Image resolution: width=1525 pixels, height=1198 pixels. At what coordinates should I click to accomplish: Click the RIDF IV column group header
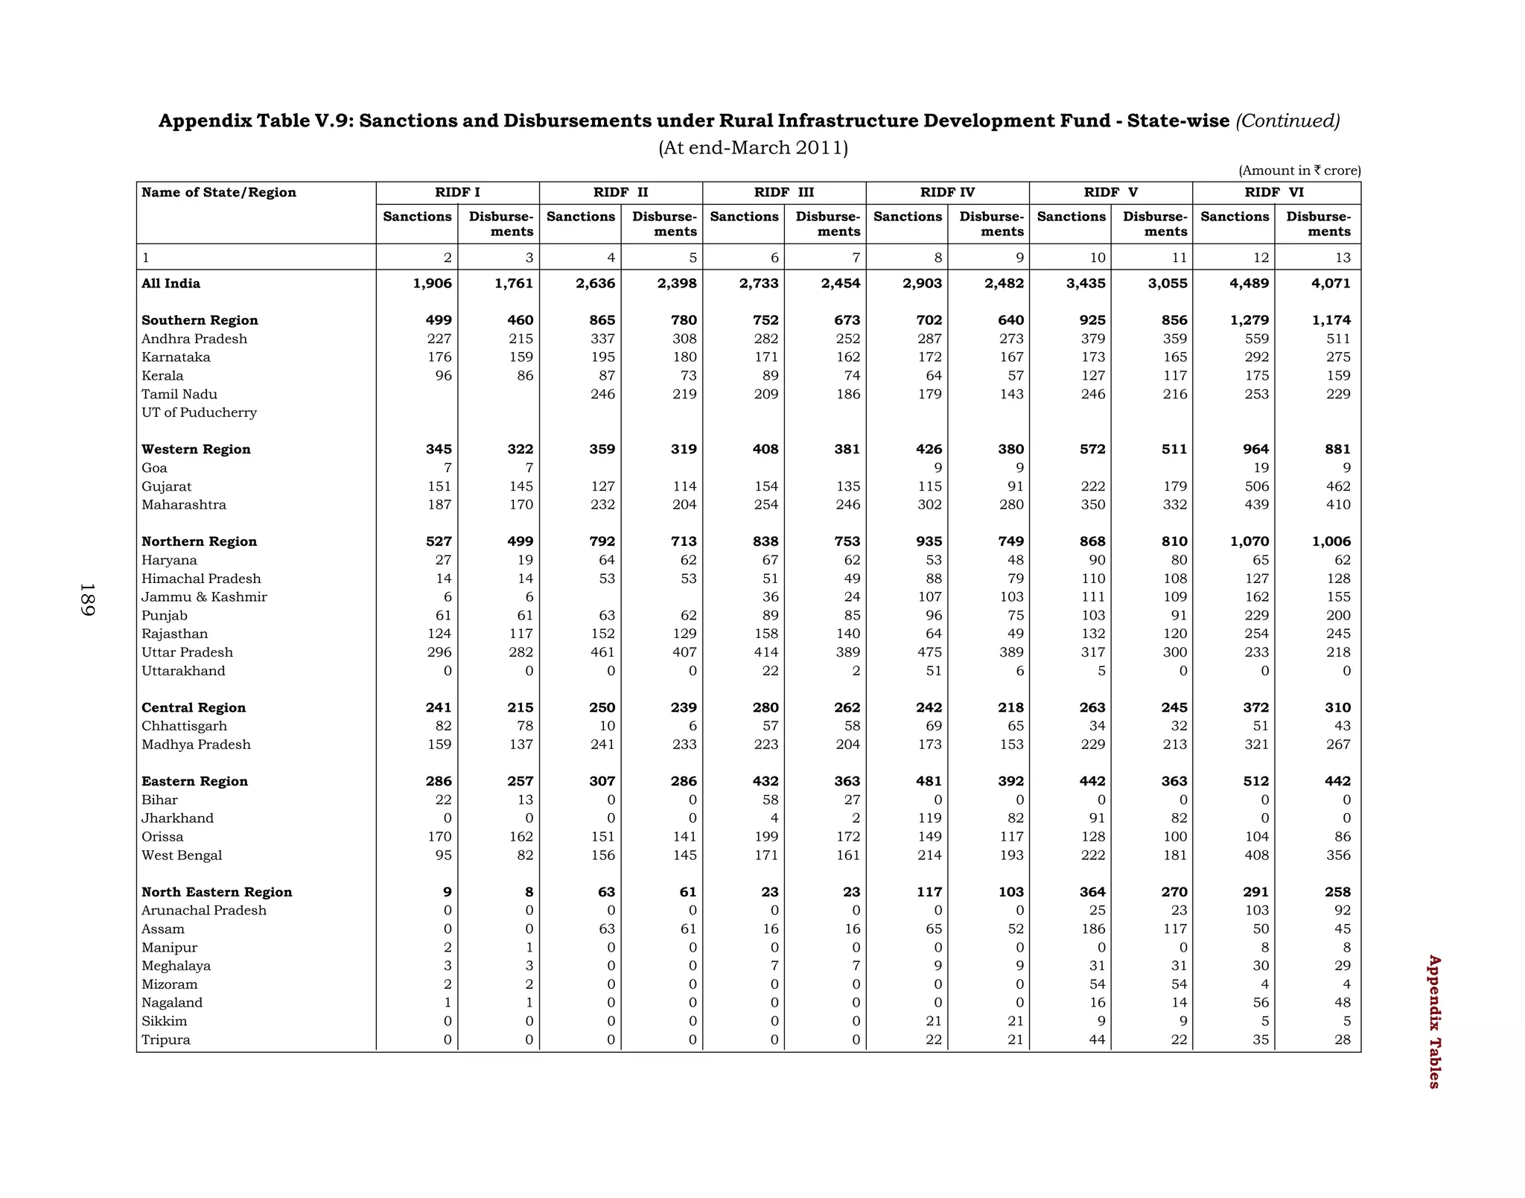click(x=946, y=193)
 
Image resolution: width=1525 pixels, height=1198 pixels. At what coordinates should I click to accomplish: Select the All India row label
click(x=171, y=284)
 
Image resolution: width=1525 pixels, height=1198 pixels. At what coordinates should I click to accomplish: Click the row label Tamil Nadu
click(x=179, y=395)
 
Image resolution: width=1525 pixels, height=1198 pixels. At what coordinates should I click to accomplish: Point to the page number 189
click(x=87, y=599)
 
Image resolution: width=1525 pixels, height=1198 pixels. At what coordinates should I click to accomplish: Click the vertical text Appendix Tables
click(x=1434, y=1022)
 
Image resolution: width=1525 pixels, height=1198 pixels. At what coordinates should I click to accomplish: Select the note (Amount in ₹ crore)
click(x=1299, y=171)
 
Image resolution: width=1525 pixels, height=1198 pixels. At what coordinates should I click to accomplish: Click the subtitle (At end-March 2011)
click(x=753, y=148)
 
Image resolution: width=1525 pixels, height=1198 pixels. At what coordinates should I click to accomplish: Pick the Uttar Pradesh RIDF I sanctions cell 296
click(x=439, y=653)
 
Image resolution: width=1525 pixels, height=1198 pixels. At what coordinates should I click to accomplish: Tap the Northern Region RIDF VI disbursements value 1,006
click(x=1331, y=542)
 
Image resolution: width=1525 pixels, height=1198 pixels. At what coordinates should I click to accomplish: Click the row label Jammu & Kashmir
click(x=204, y=597)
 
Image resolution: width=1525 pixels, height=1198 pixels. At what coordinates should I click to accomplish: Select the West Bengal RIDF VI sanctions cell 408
click(x=1256, y=856)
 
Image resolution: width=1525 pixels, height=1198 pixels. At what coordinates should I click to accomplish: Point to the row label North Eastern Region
click(x=217, y=893)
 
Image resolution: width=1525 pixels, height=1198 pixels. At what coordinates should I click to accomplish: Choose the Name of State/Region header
click(x=219, y=193)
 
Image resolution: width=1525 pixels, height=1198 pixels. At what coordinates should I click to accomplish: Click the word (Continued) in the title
click(x=1287, y=121)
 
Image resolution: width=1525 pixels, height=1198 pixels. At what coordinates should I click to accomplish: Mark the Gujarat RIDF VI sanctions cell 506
click(x=1256, y=487)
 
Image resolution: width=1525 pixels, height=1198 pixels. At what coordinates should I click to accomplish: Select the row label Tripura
click(x=165, y=1040)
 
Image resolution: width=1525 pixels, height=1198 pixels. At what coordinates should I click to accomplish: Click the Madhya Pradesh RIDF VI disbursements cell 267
click(x=1338, y=745)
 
